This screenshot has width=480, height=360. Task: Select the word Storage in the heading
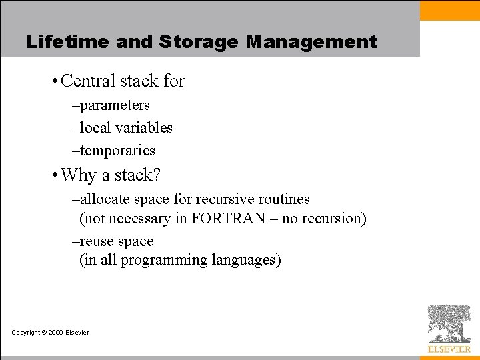point(199,42)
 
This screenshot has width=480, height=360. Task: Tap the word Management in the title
point(311,42)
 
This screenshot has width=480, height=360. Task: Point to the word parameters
point(115,105)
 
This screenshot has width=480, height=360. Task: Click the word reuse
point(97,241)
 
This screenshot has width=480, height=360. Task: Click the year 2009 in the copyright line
point(55,333)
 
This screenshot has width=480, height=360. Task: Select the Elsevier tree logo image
point(449,323)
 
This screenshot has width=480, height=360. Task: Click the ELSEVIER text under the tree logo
point(449,349)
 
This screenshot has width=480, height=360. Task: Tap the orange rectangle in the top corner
point(449,11)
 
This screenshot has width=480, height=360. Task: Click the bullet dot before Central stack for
point(53,82)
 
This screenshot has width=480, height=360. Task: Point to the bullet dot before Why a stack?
point(53,176)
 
